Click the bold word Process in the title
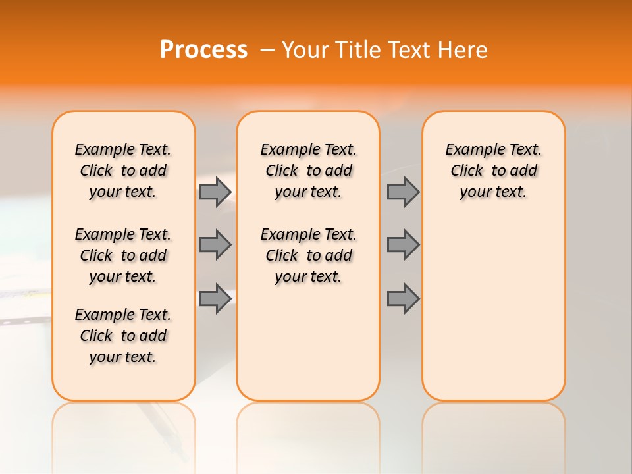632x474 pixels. coord(203,50)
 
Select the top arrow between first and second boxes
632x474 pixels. coord(215,192)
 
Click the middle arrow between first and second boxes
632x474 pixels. coord(215,245)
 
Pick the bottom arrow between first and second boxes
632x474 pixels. coord(215,299)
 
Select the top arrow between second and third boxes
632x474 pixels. coord(403,192)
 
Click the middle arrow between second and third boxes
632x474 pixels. coord(403,245)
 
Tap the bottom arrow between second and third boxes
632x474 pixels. coord(403,299)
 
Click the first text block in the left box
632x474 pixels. coord(123,171)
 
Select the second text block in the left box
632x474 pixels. coord(123,255)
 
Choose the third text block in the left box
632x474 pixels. coord(123,336)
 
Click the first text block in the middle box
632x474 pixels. coord(308,171)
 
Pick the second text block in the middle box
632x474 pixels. coord(308,255)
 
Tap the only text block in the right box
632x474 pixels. coord(493,171)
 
